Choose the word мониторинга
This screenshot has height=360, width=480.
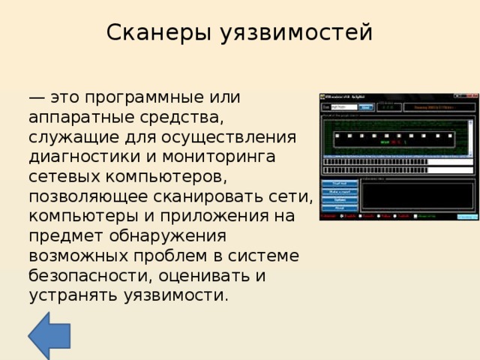click(223, 157)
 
